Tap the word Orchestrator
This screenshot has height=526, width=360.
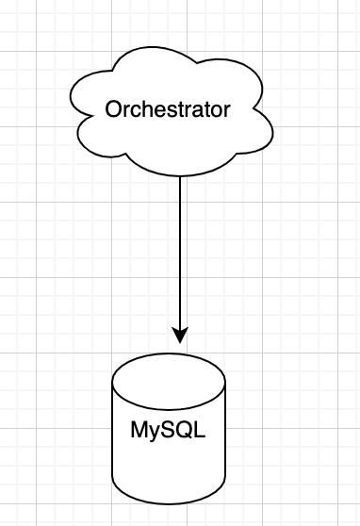pyautogui.click(x=168, y=109)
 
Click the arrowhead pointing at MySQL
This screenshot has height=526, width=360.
pyautogui.click(x=180, y=335)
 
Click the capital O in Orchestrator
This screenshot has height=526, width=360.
pyautogui.click(x=113, y=109)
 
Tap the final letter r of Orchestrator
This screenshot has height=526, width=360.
pyautogui.click(x=226, y=110)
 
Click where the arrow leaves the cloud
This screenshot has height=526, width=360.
pyautogui.click(x=180, y=176)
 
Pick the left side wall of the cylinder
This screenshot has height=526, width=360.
pyautogui.click(x=112, y=443)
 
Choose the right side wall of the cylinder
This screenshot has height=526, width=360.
pyautogui.click(x=225, y=443)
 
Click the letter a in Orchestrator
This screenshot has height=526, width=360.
pyautogui.click(x=198, y=110)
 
